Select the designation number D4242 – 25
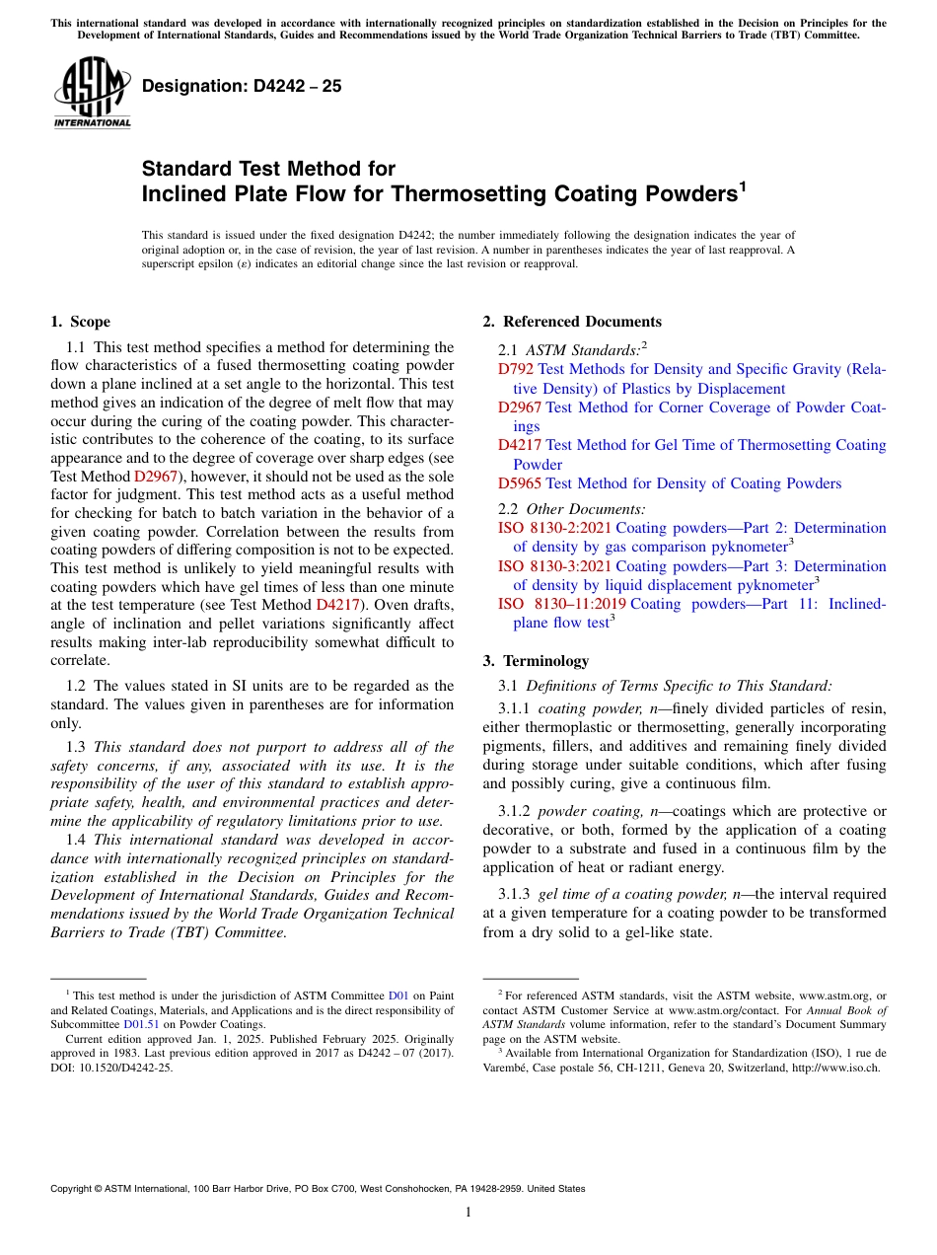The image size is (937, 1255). point(242,86)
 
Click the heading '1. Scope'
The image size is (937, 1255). point(81,322)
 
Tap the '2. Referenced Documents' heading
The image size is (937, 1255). point(572,322)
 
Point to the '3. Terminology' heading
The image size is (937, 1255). point(536,661)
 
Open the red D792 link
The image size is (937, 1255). point(516,369)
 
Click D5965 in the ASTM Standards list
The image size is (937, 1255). point(520,483)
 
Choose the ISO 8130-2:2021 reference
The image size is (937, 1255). point(554,528)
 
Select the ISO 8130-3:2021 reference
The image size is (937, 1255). point(554,566)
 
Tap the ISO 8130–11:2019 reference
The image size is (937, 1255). point(560,604)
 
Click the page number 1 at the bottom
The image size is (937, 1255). point(468,1212)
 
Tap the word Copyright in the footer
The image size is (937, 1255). point(74,1189)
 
